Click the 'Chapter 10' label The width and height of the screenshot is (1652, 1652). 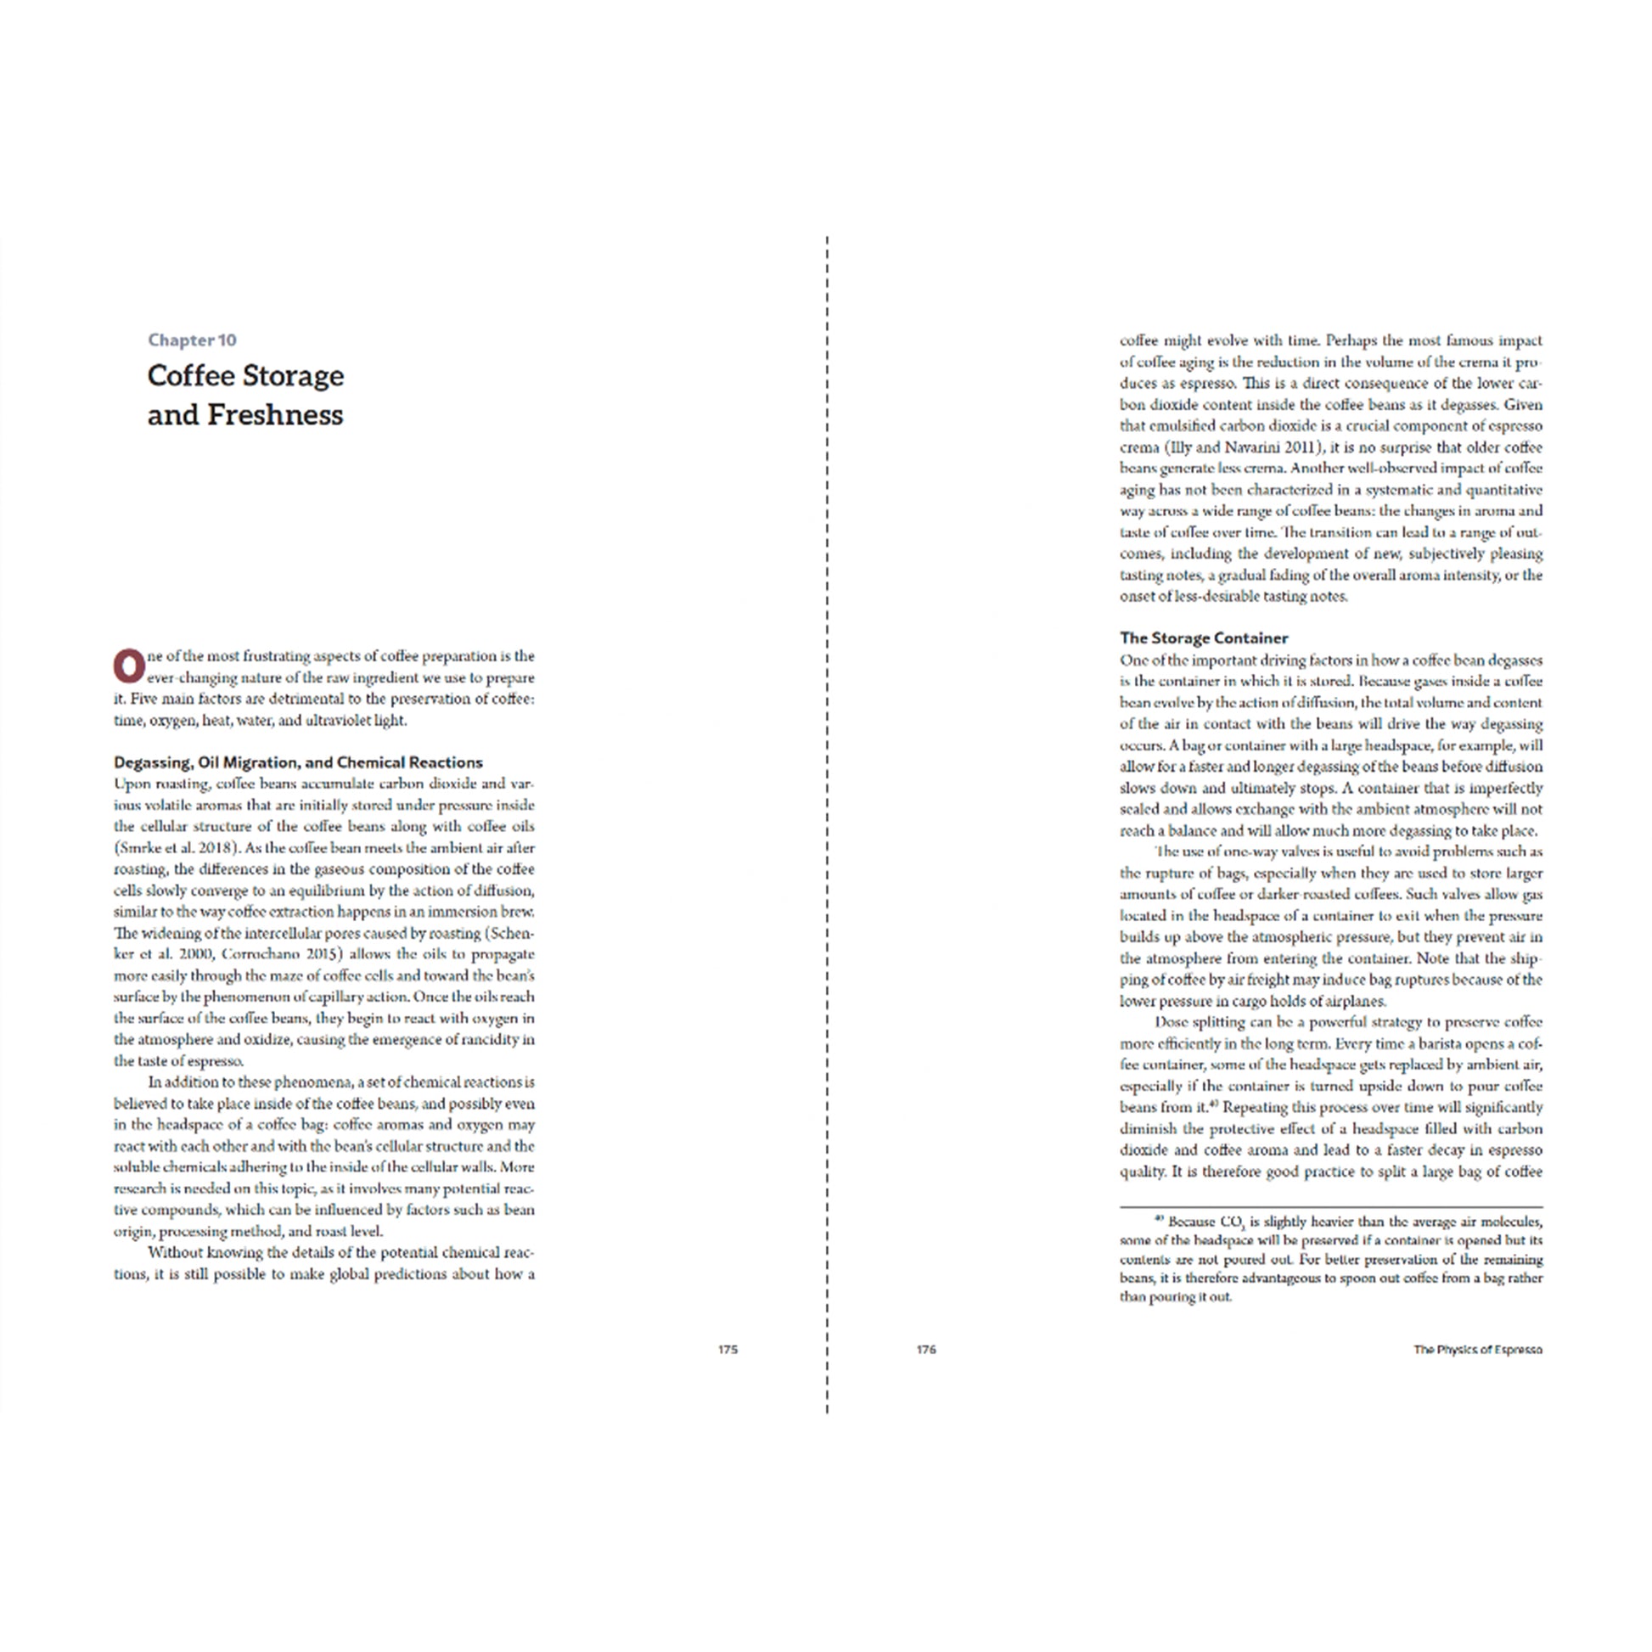(x=192, y=340)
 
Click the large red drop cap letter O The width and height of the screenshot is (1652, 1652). (x=129, y=666)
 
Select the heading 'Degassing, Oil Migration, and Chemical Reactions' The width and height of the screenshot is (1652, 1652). (x=298, y=761)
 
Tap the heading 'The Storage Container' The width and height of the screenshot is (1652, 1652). (x=1203, y=638)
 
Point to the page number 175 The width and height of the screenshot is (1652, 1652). (x=727, y=1349)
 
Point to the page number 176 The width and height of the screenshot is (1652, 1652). (x=926, y=1349)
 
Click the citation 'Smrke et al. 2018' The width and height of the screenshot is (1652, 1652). (x=181, y=848)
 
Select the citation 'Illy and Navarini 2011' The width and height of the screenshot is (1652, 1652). (x=1245, y=447)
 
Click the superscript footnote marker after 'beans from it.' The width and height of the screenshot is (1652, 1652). (x=1214, y=1104)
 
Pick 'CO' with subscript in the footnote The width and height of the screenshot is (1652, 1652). (x=1231, y=1222)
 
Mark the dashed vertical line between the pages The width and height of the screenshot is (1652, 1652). (x=827, y=821)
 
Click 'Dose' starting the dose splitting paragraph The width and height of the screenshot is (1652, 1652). (x=1171, y=1022)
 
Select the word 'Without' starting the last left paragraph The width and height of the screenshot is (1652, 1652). (x=175, y=1253)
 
